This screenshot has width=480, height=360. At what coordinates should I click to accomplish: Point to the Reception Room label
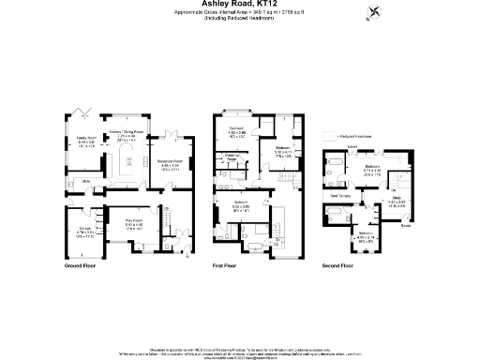coord(169,165)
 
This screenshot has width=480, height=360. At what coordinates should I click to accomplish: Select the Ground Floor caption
coord(82,266)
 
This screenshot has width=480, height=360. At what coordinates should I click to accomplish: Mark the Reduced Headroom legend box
coord(334,136)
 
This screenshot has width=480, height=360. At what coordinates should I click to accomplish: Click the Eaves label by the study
coord(405,225)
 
